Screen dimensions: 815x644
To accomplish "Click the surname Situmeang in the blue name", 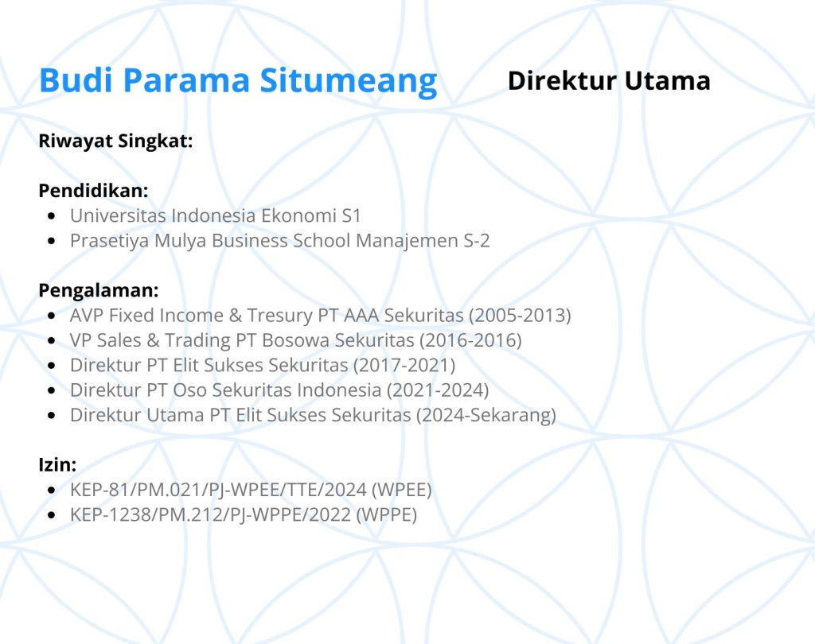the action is pyautogui.click(x=349, y=82).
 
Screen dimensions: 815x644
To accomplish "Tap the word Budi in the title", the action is pyautogui.click(x=76, y=80).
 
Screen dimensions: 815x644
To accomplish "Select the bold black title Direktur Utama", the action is pyautogui.click(x=609, y=80).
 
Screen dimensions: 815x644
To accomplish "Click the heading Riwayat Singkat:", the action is pyautogui.click(x=115, y=141).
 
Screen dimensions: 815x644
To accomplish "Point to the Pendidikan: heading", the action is pyautogui.click(x=94, y=191).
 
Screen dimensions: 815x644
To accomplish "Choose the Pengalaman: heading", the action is pyautogui.click(x=99, y=290).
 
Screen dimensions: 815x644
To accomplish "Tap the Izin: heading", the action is pyautogui.click(x=57, y=464).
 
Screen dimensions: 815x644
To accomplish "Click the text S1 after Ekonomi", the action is pyautogui.click(x=351, y=215).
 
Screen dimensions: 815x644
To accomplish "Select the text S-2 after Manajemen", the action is pyautogui.click(x=477, y=240).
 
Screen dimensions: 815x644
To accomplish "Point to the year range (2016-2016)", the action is pyautogui.click(x=470, y=340).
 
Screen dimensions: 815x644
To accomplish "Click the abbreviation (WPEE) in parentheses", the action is pyautogui.click(x=402, y=490).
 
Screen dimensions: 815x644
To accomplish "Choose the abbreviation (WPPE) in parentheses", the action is pyautogui.click(x=387, y=514).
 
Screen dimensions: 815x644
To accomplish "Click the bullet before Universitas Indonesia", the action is pyautogui.click(x=51, y=216).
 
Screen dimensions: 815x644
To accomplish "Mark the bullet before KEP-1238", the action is pyautogui.click(x=51, y=515).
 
